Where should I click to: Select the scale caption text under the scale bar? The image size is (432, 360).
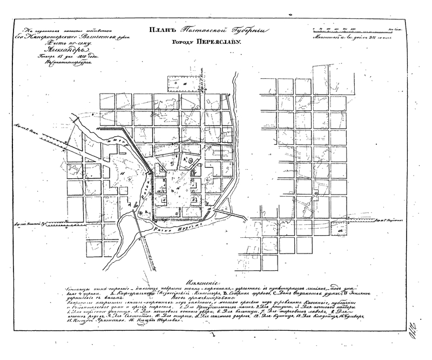click(356, 37)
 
